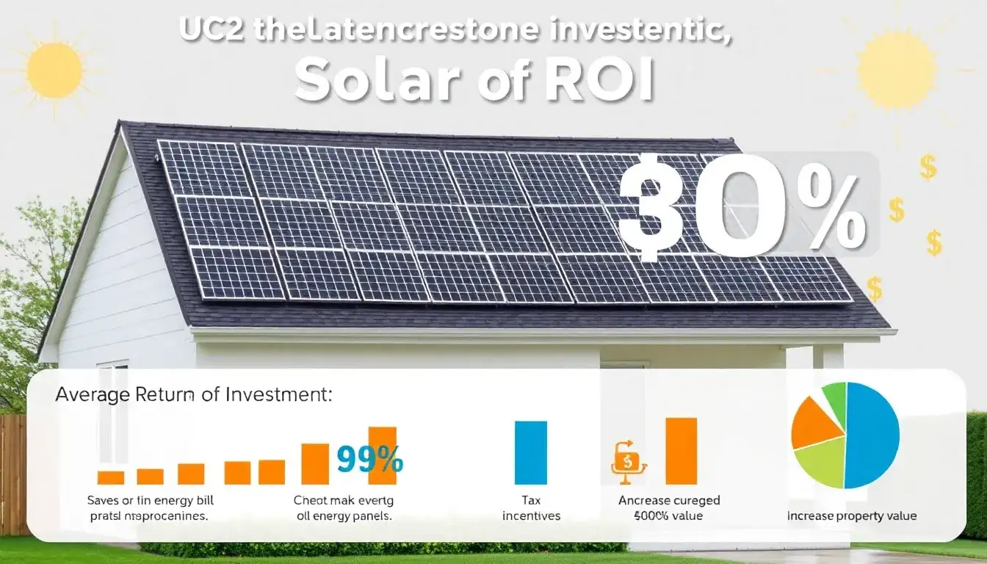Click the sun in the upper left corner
[x=54, y=70]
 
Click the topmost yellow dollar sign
[x=928, y=168]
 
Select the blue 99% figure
[x=369, y=460]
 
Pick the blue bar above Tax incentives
[x=531, y=452]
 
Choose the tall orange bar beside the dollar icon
[x=681, y=451]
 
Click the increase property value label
[x=852, y=516]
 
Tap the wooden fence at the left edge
[x=13, y=474]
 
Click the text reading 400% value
[x=668, y=516]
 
